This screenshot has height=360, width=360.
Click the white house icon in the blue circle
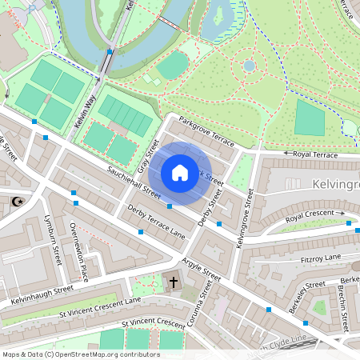tap(180, 173)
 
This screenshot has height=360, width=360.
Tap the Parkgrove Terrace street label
tap(207, 131)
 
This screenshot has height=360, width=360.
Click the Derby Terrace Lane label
tap(156, 222)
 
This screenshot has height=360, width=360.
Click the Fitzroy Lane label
tap(320, 258)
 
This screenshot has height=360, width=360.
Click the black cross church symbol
tap(174, 282)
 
